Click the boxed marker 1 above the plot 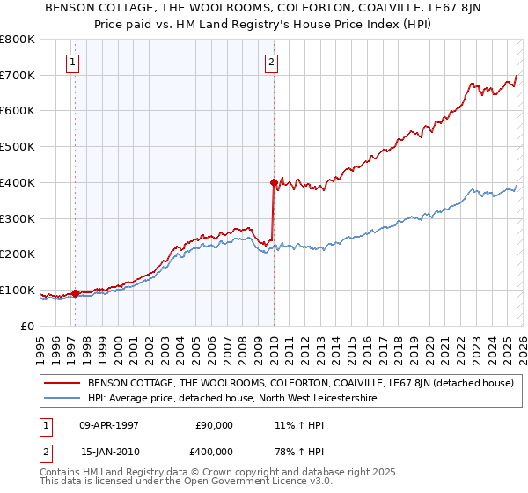click(x=71, y=62)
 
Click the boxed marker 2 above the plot click(x=272, y=62)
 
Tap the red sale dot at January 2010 click(x=274, y=182)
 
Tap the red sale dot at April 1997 click(x=76, y=293)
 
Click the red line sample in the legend click(x=63, y=383)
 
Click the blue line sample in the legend click(x=63, y=399)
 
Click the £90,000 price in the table click(x=214, y=425)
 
